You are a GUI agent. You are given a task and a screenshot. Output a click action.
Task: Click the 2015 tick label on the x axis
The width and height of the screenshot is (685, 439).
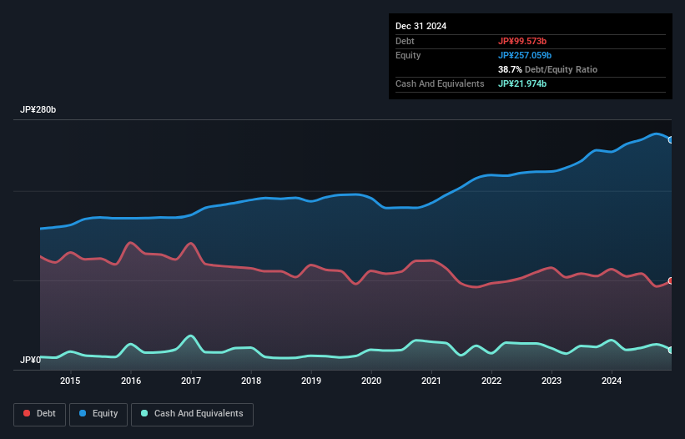(x=71, y=381)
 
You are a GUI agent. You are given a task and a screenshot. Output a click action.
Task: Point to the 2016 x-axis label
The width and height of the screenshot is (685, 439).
(x=131, y=381)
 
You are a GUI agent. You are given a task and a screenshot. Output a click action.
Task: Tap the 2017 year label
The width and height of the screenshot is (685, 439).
(x=191, y=381)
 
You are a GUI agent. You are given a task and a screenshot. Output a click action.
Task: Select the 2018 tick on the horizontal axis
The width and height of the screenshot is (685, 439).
(x=251, y=381)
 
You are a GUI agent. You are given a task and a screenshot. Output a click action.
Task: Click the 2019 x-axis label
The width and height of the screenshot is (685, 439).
(x=311, y=381)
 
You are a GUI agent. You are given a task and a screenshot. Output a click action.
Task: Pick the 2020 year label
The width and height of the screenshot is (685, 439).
(x=371, y=381)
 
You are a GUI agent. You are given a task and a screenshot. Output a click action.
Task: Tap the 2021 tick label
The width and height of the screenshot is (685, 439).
(x=431, y=381)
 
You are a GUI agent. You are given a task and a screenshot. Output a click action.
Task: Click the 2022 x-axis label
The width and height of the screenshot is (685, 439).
(x=491, y=381)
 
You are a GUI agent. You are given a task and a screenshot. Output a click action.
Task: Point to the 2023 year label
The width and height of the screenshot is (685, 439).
(x=552, y=381)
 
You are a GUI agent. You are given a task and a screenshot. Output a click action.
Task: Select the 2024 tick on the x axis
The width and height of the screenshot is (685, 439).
(x=612, y=381)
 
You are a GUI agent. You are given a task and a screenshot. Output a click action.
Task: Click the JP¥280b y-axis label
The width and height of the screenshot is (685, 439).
(x=38, y=110)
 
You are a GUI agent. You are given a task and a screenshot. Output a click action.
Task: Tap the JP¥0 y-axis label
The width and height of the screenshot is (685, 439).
(x=30, y=361)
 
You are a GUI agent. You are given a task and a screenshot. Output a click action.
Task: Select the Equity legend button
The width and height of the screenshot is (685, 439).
(x=98, y=414)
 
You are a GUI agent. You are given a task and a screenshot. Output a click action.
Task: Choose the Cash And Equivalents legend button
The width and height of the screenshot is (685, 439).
(x=192, y=414)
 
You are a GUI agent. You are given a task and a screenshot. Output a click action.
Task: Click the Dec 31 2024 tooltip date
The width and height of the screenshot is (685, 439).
(x=421, y=26)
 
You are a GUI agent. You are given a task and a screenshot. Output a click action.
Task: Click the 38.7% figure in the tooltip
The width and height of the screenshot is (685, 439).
(x=511, y=69)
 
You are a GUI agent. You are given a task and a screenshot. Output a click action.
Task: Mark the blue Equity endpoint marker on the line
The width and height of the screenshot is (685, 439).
(x=671, y=140)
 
